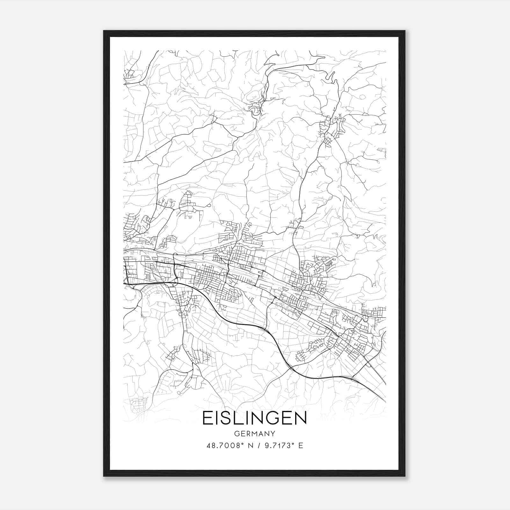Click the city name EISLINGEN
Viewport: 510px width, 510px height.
point(254,418)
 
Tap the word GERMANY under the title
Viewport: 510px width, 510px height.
point(254,434)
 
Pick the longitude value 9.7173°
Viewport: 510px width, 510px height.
point(277,446)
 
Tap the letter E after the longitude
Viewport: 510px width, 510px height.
point(301,446)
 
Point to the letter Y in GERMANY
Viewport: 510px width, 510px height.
point(273,434)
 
